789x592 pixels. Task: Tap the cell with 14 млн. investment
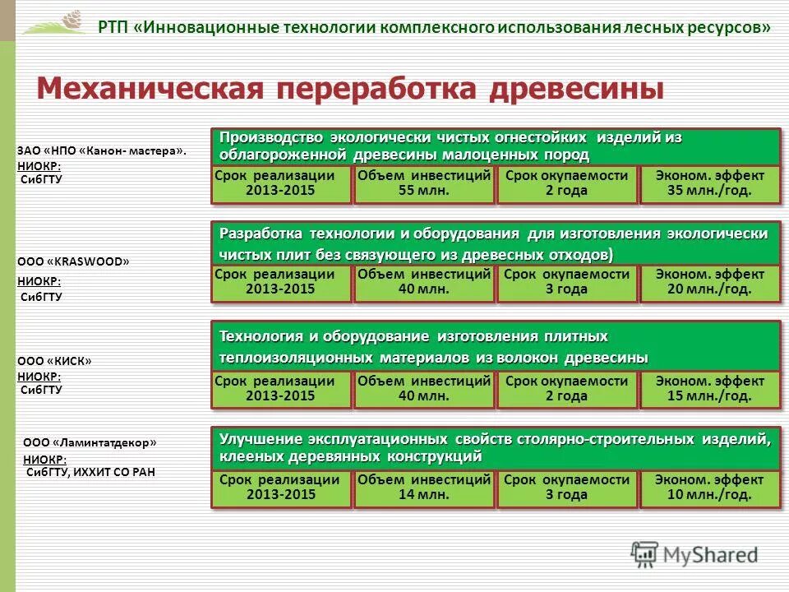[x=424, y=488]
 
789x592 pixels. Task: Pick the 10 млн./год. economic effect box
[x=709, y=488]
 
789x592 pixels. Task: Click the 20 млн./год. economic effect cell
[x=709, y=282]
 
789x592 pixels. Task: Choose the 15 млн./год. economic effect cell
[x=709, y=389]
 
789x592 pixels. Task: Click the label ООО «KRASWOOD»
[x=74, y=262]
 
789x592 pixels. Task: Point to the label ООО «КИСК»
[x=54, y=361]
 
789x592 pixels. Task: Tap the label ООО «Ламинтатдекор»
[x=90, y=442]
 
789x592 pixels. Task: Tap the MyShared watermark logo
[x=694, y=554]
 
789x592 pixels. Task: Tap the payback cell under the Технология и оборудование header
[x=567, y=389]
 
